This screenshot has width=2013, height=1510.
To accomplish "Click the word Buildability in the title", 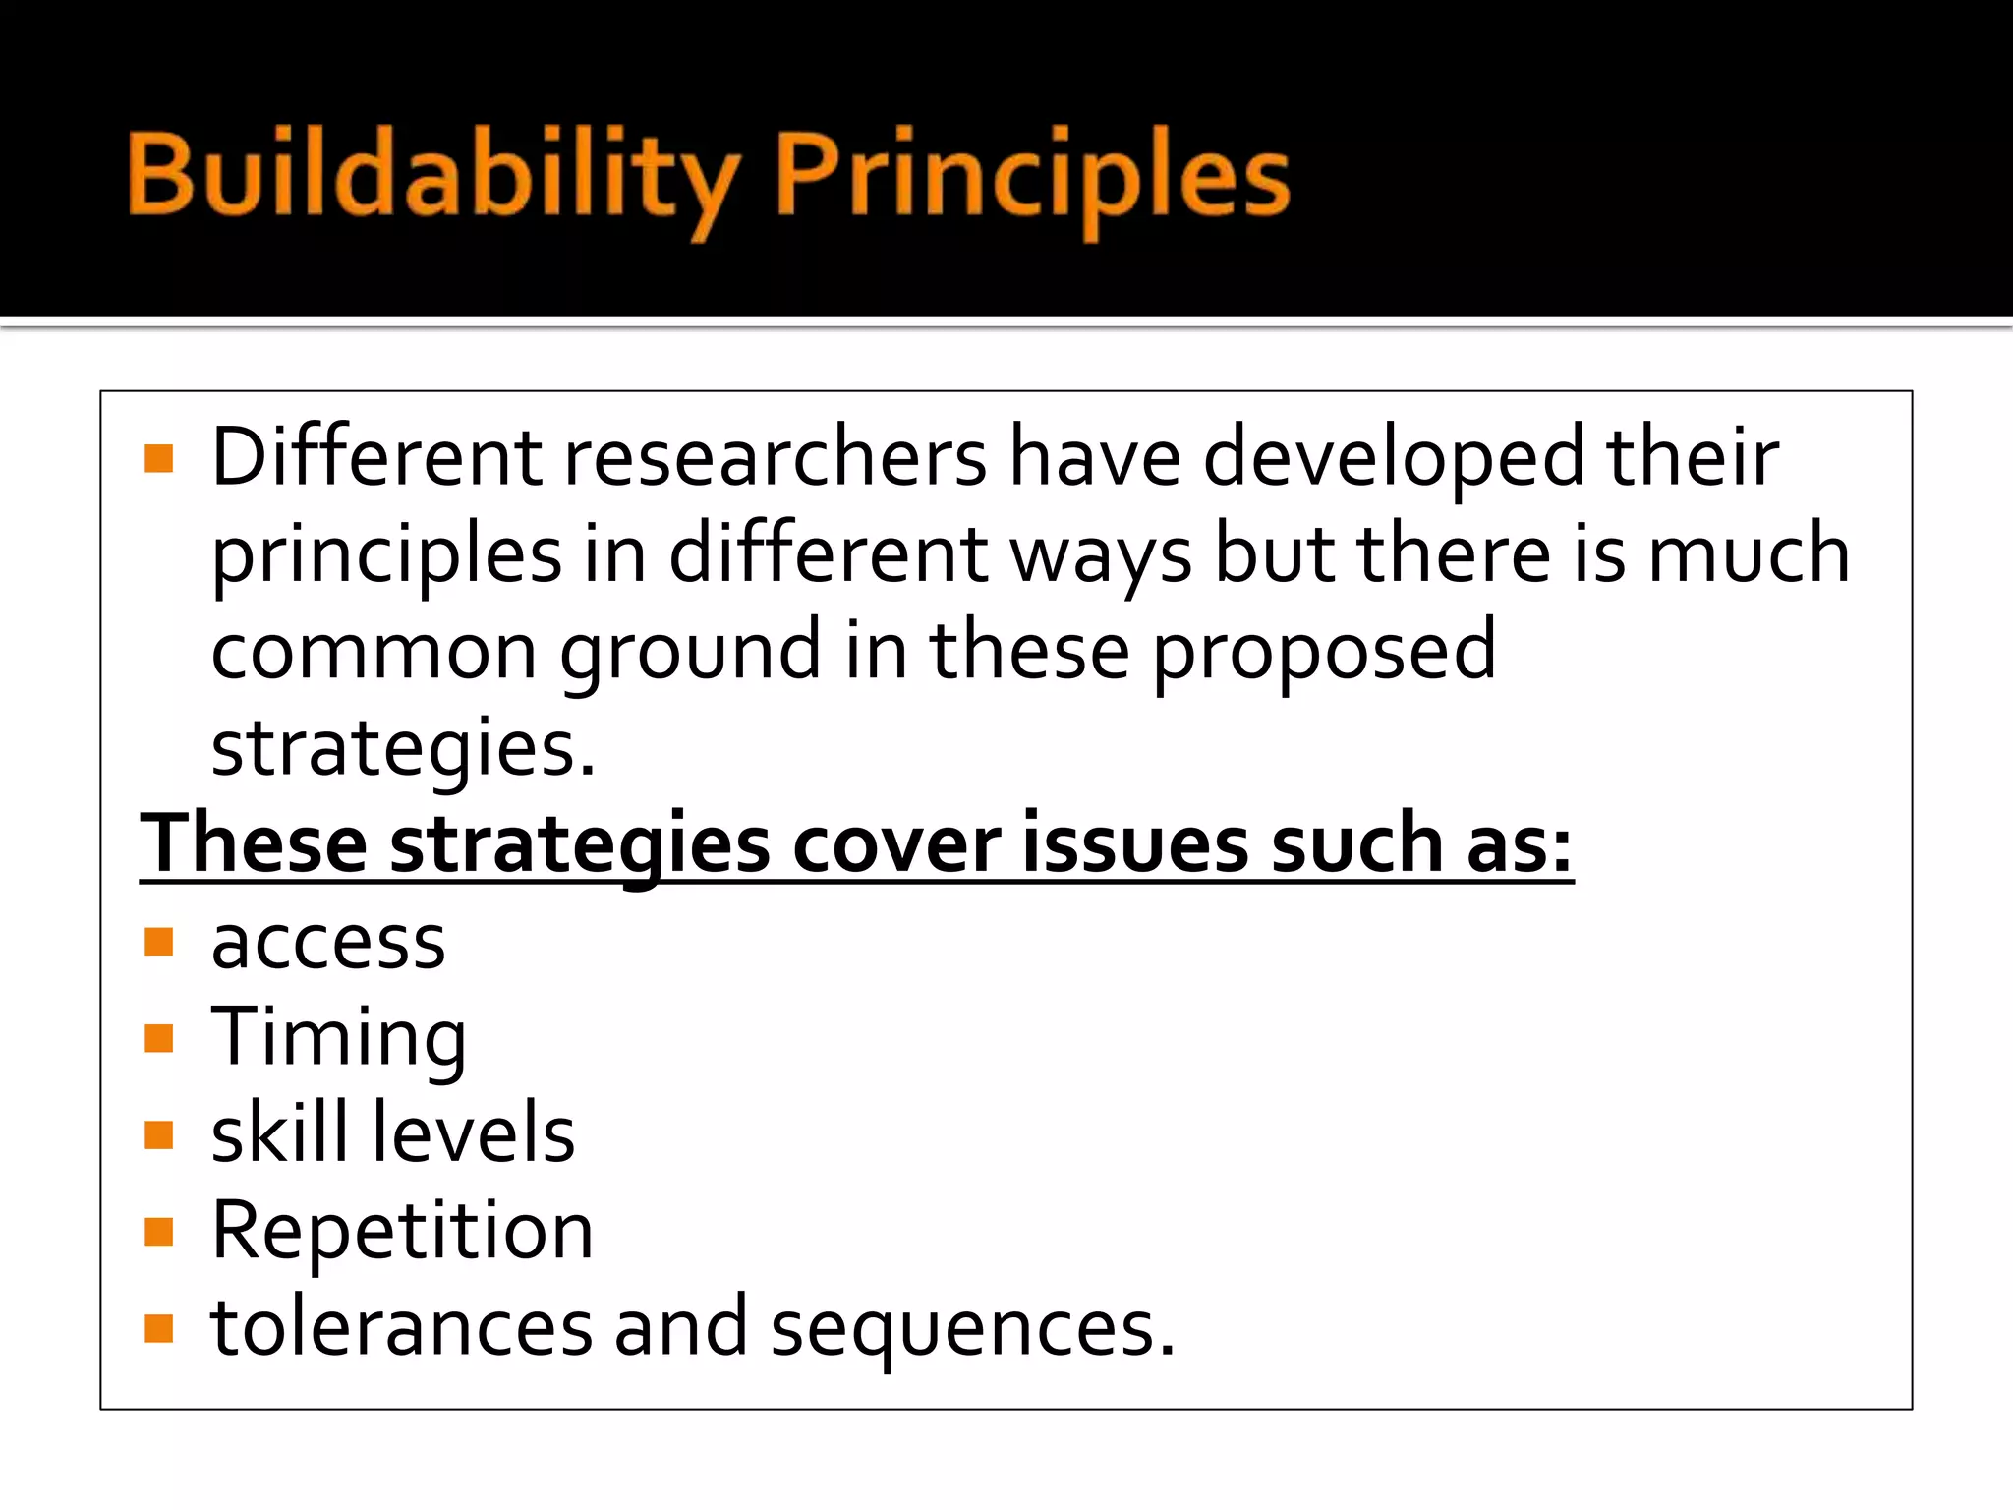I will click(x=432, y=177).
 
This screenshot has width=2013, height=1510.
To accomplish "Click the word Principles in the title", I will click(x=1032, y=177).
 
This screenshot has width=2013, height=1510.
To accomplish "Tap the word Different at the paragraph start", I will click(x=376, y=457).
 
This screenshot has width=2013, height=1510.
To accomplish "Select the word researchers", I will click(x=774, y=459).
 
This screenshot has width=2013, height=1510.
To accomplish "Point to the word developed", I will click(x=1393, y=459).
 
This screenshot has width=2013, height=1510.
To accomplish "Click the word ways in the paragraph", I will click(x=1101, y=554).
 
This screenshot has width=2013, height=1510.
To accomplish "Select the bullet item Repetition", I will click(x=402, y=1231).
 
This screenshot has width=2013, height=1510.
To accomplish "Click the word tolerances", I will click(x=402, y=1327).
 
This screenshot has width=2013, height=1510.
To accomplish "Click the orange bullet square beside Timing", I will click(x=158, y=1038).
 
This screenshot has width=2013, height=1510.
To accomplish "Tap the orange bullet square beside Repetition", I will click(x=158, y=1232).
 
